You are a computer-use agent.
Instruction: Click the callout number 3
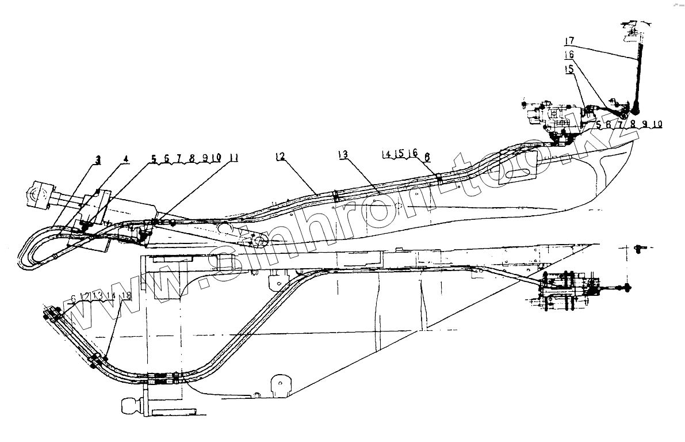point(98,161)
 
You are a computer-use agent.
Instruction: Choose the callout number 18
point(127,296)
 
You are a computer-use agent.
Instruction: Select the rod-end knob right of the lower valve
point(625,288)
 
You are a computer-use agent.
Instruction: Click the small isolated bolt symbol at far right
point(638,248)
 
